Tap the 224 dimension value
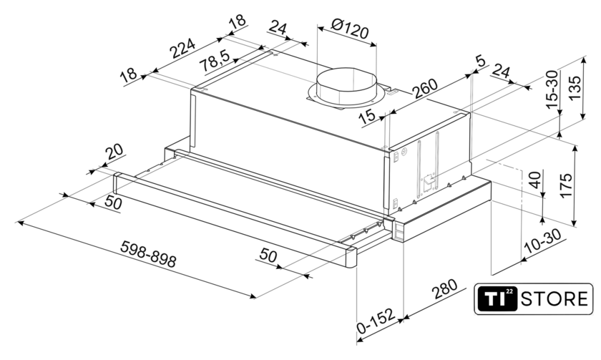pyautogui.click(x=182, y=48)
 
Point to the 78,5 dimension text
pyautogui.click(x=216, y=61)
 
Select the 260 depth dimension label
pyautogui.click(x=425, y=89)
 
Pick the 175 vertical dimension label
pyautogui.click(x=566, y=185)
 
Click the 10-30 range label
pyautogui.click(x=544, y=241)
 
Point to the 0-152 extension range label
pyautogui.click(x=376, y=321)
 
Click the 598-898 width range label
pyautogui.click(x=148, y=254)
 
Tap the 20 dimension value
pyautogui.click(x=115, y=152)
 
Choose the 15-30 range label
pyautogui.click(x=552, y=89)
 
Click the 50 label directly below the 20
pyautogui.click(x=113, y=202)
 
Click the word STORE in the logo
pyautogui.click(x=554, y=298)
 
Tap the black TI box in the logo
pyautogui.click(x=497, y=299)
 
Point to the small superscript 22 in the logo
pyautogui.click(x=509, y=292)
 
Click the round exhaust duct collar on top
pyautogui.click(x=347, y=87)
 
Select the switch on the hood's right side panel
pyautogui.click(x=428, y=181)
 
